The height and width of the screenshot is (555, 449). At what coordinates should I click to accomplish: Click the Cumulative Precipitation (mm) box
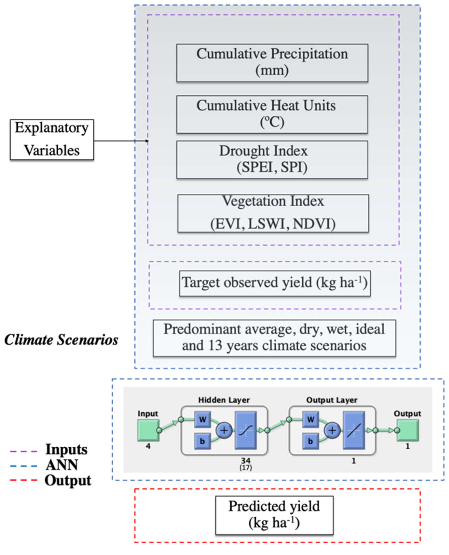click(x=272, y=63)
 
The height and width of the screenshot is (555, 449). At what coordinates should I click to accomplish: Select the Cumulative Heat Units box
click(x=272, y=114)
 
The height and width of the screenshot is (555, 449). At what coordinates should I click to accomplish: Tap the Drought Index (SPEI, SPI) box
click(x=272, y=160)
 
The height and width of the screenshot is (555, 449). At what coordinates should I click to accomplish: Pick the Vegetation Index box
click(x=273, y=213)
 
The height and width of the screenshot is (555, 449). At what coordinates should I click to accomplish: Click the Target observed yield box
click(x=275, y=283)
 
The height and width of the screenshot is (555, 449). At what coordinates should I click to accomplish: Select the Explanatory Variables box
click(x=52, y=140)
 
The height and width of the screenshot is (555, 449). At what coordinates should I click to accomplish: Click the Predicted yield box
click(x=274, y=515)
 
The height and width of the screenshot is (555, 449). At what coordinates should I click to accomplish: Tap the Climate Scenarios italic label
click(x=61, y=340)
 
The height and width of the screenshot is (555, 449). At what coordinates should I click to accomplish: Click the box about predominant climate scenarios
click(x=274, y=338)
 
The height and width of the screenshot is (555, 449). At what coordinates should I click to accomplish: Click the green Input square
click(x=148, y=430)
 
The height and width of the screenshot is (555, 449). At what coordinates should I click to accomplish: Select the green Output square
click(x=408, y=430)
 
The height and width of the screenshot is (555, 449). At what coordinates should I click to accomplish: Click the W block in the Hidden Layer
click(x=202, y=419)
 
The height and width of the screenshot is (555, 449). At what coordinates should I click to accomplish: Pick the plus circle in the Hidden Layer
click(x=224, y=430)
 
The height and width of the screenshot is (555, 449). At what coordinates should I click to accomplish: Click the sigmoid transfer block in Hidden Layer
click(x=245, y=430)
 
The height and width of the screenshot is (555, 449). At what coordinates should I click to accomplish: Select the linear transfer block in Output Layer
click(x=354, y=430)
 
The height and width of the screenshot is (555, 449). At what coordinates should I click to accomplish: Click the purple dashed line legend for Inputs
click(x=24, y=452)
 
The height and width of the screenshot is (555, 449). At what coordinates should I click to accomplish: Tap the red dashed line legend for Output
click(x=24, y=481)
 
